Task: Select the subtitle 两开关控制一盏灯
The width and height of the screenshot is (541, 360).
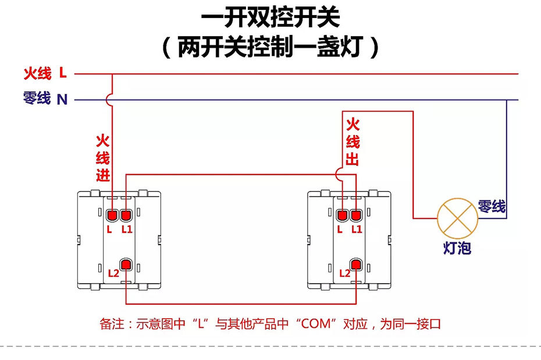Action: [x=270, y=47]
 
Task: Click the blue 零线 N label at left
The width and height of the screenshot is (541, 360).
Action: [x=45, y=99]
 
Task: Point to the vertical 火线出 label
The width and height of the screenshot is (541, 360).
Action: [x=353, y=142]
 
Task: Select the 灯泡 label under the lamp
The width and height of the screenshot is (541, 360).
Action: [x=457, y=248]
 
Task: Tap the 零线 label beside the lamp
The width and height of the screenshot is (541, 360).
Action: [x=492, y=206]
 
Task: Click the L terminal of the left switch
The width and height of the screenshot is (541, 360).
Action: [x=111, y=215]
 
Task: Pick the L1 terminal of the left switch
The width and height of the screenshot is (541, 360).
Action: [x=126, y=215]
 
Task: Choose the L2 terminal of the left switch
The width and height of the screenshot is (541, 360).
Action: [x=126, y=265]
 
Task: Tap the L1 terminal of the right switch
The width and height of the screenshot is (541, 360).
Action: [x=357, y=215]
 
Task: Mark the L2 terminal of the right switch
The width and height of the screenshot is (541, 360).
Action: [x=357, y=265]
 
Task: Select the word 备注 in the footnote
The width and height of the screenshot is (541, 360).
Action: [x=112, y=324]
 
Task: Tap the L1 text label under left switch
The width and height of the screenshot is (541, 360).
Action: [x=127, y=230]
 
